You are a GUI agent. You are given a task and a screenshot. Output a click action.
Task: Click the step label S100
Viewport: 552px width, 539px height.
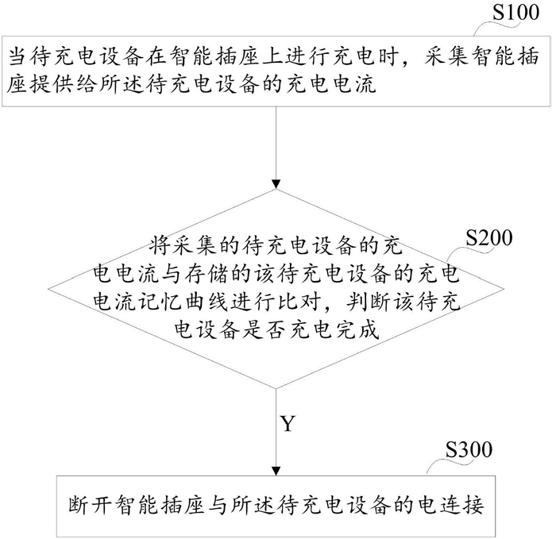pyautogui.click(x=515, y=13)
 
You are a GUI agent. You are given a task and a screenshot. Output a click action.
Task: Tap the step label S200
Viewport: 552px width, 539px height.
pyautogui.click(x=489, y=238)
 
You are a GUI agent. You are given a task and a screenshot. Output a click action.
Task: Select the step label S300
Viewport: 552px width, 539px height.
pyautogui.click(x=469, y=449)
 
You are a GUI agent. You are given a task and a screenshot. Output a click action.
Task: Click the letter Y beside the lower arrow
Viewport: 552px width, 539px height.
pyautogui.click(x=288, y=424)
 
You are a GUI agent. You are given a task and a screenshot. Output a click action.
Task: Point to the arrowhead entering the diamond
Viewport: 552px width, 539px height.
pyautogui.click(x=276, y=184)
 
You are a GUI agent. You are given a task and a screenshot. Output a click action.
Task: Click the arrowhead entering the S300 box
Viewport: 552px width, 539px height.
pyautogui.click(x=276, y=471)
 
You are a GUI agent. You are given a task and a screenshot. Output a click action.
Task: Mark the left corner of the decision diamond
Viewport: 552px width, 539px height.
pyautogui.click(x=48, y=289)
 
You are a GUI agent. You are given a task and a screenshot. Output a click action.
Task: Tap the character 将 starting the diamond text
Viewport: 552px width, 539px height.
pyautogui.click(x=160, y=245)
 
